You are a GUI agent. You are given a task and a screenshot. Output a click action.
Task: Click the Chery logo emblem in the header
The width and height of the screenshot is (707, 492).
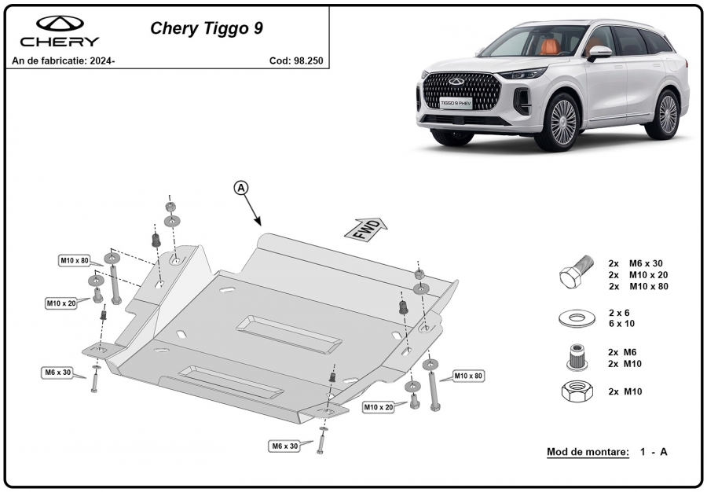[x=60, y=24]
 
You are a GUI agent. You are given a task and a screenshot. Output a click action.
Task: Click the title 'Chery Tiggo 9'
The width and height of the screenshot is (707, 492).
[x=207, y=28]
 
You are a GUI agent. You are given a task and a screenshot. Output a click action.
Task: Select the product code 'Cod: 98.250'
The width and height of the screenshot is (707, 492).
[x=296, y=61]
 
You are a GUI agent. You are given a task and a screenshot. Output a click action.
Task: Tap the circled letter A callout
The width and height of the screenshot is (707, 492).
[x=241, y=188]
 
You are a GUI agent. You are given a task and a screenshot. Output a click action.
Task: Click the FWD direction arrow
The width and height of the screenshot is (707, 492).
[x=365, y=229]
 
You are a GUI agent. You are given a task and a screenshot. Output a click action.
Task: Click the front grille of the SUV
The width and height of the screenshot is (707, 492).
[x=456, y=91]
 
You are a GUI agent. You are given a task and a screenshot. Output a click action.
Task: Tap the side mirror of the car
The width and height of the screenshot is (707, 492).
[x=599, y=53]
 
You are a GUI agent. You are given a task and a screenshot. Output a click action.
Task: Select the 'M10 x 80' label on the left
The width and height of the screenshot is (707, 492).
[x=75, y=261]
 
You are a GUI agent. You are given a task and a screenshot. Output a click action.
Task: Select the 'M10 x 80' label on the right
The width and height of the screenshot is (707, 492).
[x=468, y=376]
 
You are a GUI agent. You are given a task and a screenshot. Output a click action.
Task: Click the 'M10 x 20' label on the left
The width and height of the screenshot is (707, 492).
[x=61, y=303]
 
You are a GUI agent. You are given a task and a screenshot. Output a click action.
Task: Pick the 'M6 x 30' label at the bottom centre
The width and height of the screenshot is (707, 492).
[x=284, y=446]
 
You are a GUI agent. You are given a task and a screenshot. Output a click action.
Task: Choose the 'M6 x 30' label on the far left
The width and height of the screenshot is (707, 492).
[x=57, y=373]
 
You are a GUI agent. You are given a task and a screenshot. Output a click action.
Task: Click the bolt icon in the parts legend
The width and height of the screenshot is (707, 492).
[x=577, y=271]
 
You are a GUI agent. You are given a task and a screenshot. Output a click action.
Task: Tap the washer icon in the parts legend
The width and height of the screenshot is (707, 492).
[x=577, y=318]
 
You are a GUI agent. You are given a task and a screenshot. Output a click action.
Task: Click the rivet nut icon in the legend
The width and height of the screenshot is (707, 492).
[x=577, y=358]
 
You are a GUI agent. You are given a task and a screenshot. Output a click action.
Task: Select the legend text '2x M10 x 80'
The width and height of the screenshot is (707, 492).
[x=638, y=286]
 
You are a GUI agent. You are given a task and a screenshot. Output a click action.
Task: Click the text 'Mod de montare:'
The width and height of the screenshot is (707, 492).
[x=588, y=452]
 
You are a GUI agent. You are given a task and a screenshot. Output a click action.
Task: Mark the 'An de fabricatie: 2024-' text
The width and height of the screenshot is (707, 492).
[x=64, y=61]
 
